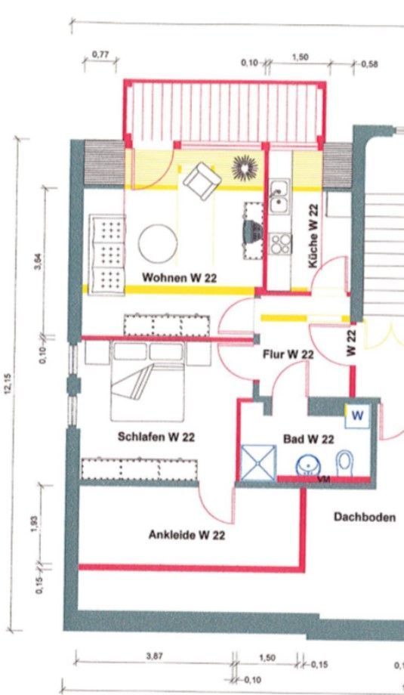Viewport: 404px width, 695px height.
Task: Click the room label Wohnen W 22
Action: coord(179,278)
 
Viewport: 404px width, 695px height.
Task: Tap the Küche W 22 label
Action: coord(313,236)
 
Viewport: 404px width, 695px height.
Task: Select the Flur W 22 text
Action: coord(288,354)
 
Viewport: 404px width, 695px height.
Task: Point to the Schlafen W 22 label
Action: coord(157,437)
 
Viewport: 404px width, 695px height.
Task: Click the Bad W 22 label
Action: coord(308,438)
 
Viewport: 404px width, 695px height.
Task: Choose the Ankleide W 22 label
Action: coord(187,536)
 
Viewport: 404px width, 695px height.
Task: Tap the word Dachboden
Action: coord(364,517)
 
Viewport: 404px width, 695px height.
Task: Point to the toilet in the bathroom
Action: coord(344,462)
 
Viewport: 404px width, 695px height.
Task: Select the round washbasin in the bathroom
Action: coord(308,465)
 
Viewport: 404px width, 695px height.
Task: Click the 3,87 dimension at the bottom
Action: coord(153,656)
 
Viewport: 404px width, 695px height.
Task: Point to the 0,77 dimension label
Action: coord(100,54)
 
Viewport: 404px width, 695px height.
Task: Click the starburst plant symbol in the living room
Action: coord(244,165)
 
